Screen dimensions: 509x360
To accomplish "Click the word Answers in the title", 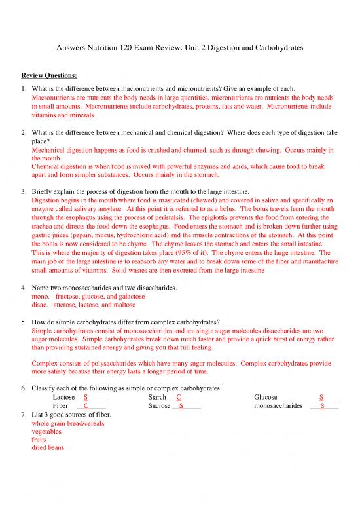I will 67,49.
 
